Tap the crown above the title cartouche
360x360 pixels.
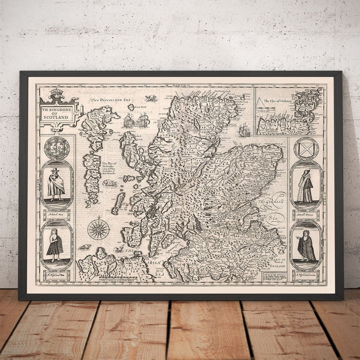click(57, 94)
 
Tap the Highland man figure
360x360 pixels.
click(56, 244)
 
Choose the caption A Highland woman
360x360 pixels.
click(306, 275)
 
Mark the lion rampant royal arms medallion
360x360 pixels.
click(56, 148)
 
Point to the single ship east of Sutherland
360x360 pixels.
click(244, 129)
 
